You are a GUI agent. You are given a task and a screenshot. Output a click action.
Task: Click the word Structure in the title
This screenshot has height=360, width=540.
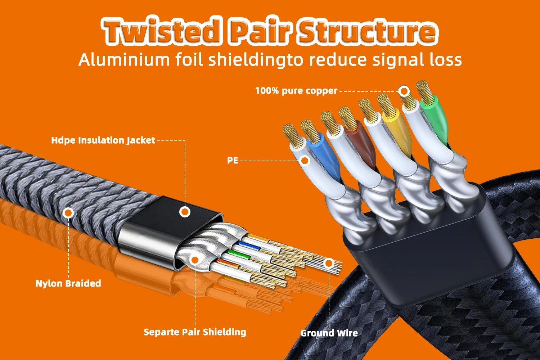click(x=368, y=31)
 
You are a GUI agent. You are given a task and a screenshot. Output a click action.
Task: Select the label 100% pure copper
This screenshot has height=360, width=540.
click(x=296, y=91)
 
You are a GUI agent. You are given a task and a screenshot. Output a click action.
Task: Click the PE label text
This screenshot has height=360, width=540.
click(x=233, y=161)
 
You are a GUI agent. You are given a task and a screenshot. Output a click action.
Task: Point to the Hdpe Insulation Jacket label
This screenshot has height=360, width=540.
click(x=103, y=140)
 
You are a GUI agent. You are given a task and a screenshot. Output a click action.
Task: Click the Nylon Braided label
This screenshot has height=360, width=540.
click(x=68, y=284)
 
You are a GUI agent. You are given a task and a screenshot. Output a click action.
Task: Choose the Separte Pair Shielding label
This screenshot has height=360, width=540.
click(x=195, y=332)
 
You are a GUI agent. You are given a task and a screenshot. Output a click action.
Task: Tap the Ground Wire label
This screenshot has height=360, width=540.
click(x=329, y=333)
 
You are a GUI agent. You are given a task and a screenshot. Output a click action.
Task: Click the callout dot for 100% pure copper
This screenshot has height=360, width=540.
click(x=404, y=91)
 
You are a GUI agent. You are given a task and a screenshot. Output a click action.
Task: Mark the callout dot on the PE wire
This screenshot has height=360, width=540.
click(x=305, y=161)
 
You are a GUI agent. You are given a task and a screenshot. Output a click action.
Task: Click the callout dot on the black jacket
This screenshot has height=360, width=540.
click(x=185, y=212)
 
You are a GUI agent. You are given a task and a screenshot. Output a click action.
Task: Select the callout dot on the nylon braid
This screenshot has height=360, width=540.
click(x=68, y=213)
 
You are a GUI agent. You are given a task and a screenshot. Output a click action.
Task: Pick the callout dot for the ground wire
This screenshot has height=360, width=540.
click(x=329, y=263)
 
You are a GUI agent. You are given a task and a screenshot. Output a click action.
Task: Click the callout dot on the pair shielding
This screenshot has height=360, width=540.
click(x=195, y=260)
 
